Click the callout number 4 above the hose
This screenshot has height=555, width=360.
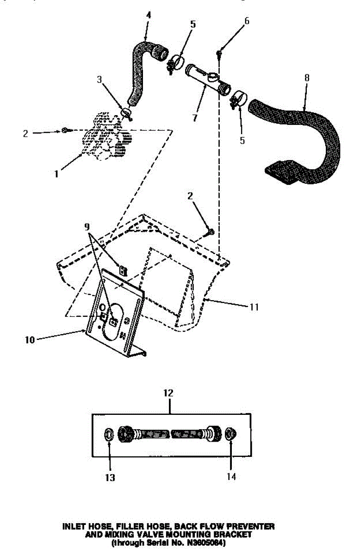(148, 15)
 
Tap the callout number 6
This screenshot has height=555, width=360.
(247, 21)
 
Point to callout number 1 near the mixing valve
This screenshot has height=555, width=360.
(56, 174)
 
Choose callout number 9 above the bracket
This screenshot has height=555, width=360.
(87, 228)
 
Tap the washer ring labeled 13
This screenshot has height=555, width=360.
(109, 435)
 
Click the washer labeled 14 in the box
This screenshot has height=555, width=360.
(229, 434)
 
